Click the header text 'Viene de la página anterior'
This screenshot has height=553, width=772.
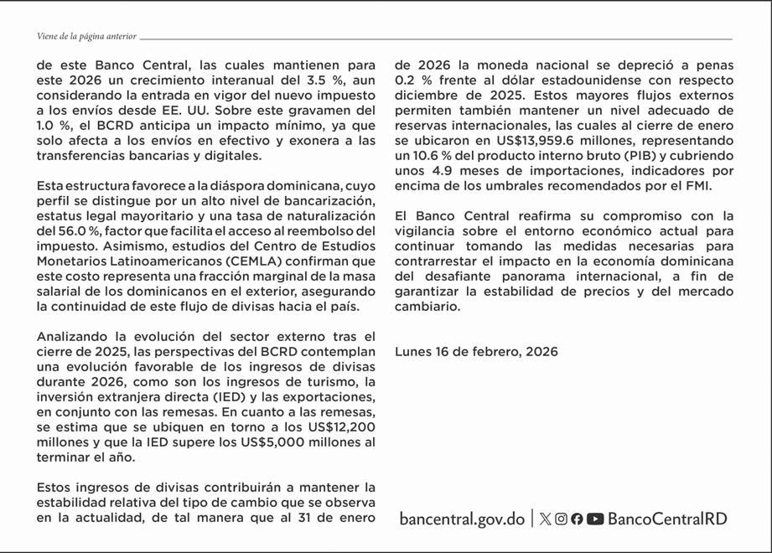coord(87,37)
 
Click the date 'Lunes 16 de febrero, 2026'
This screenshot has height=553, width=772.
coord(476,352)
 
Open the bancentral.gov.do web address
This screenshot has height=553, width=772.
coord(462,519)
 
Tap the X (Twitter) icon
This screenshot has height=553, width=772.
coord(546,519)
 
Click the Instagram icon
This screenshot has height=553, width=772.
coord(562,519)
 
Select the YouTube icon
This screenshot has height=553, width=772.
coord(595,519)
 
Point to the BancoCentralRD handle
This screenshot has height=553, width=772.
coord(667,519)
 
